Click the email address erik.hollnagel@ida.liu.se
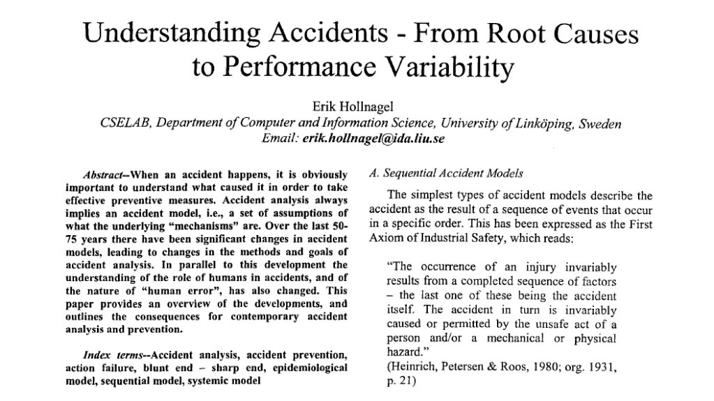373,139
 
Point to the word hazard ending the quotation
406,352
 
